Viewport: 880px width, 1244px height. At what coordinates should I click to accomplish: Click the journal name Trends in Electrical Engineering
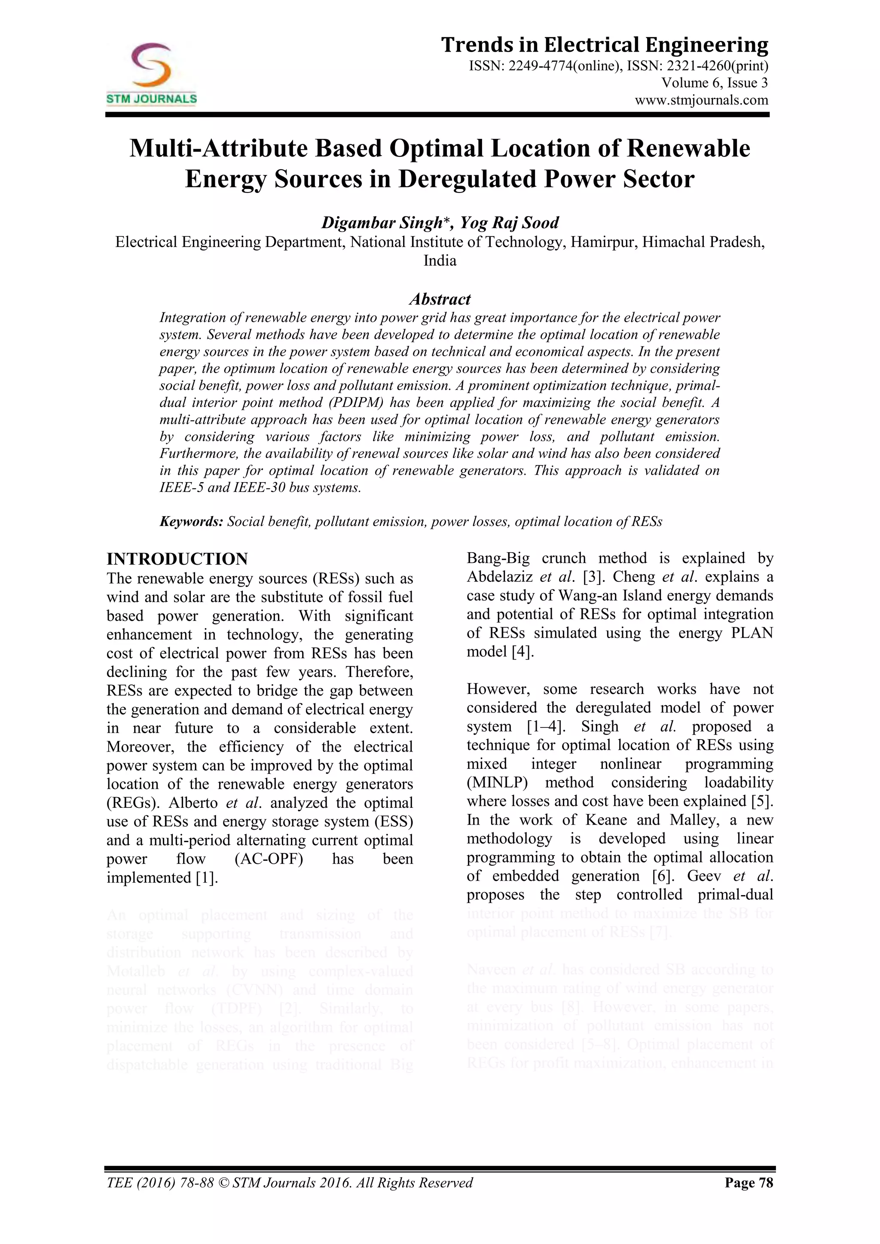(x=604, y=45)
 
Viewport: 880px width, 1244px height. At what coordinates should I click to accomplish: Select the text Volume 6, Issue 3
(x=714, y=83)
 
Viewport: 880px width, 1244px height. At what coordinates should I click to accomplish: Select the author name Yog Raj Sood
(x=509, y=223)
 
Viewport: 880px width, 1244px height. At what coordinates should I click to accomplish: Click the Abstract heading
(x=440, y=299)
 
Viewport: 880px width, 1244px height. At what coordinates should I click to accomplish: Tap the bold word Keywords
(x=191, y=522)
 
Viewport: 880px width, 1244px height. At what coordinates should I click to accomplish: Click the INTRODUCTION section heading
(x=177, y=559)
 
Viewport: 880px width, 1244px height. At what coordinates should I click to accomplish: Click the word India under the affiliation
(x=440, y=260)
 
